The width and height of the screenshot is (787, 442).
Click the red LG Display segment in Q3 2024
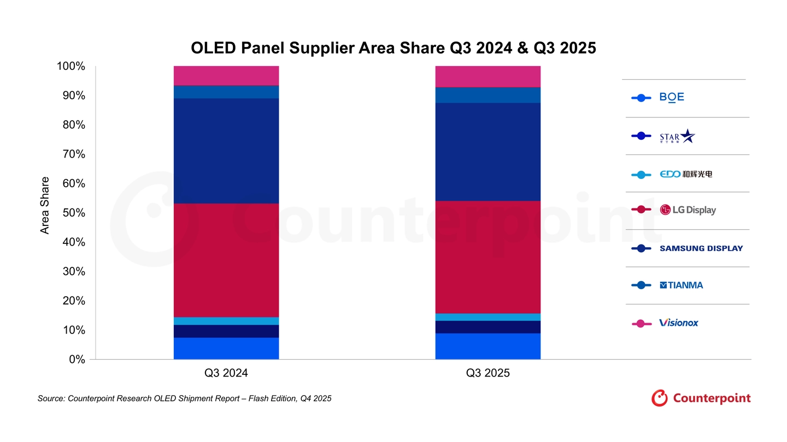[226, 260]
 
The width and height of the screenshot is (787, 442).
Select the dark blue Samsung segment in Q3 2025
[488, 152]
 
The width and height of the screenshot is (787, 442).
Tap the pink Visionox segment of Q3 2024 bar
[226, 75]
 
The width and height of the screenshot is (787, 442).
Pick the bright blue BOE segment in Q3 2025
[488, 346]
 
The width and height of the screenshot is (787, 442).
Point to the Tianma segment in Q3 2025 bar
[488, 95]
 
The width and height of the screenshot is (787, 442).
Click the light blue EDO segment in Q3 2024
[226, 321]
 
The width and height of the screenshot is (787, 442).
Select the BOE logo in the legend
[672, 98]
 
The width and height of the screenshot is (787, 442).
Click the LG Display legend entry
[688, 210]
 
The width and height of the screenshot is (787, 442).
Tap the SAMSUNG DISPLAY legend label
[701, 248]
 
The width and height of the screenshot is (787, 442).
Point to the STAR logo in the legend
[677, 136]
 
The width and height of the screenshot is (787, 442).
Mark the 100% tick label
[71, 67]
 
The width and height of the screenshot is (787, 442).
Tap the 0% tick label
[76, 360]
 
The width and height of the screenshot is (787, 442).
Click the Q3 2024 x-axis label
[226, 374]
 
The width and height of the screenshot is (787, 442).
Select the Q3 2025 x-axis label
[488, 374]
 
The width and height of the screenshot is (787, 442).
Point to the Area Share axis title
[45, 205]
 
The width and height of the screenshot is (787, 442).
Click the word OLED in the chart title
[214, 48]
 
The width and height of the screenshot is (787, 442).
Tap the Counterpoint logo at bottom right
[701, 398]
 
